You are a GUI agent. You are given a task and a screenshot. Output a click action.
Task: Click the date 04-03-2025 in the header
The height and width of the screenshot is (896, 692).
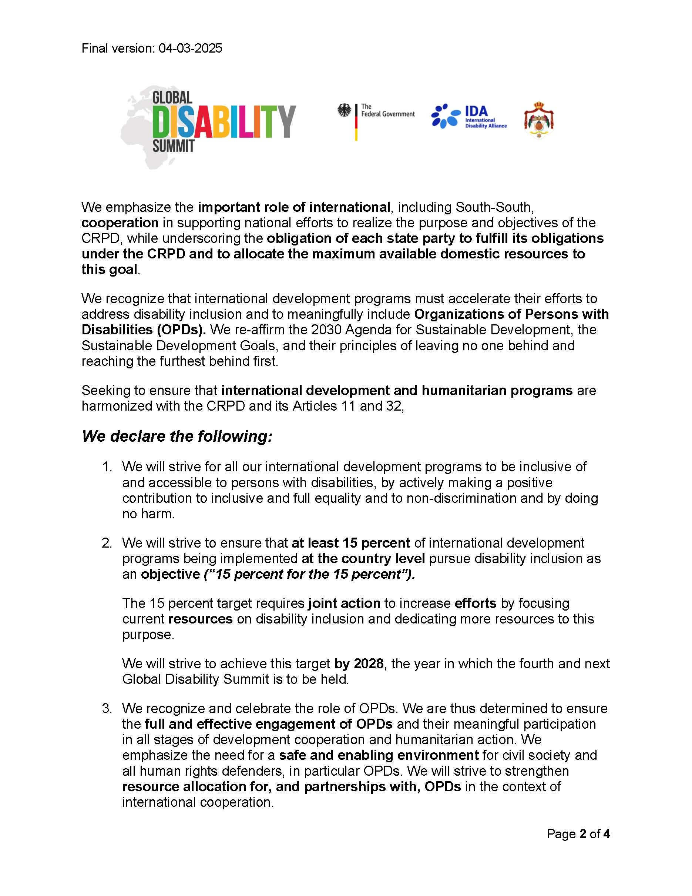190,49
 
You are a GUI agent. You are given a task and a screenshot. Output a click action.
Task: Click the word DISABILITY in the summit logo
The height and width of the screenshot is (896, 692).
224,121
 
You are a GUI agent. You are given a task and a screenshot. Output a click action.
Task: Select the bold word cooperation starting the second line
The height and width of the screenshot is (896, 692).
120,223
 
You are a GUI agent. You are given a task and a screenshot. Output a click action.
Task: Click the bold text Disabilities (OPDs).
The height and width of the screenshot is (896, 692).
144,330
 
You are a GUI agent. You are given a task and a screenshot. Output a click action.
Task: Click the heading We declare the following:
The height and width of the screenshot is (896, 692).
177,436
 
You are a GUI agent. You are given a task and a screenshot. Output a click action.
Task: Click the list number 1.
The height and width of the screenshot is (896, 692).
107,467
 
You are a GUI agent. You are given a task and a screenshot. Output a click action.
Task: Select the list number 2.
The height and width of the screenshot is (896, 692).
107,543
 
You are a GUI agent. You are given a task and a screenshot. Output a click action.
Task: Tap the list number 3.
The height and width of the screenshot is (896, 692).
107,709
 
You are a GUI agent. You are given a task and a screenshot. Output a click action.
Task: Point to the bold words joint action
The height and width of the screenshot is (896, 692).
345,604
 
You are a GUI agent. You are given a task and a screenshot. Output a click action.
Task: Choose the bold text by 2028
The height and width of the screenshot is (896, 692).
359,664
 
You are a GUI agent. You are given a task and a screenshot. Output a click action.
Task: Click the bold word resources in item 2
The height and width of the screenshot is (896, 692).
201,619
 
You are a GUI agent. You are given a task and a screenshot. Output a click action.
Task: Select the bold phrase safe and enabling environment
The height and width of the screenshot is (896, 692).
379,755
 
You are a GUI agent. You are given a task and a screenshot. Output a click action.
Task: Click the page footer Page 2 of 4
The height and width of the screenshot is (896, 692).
578,834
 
